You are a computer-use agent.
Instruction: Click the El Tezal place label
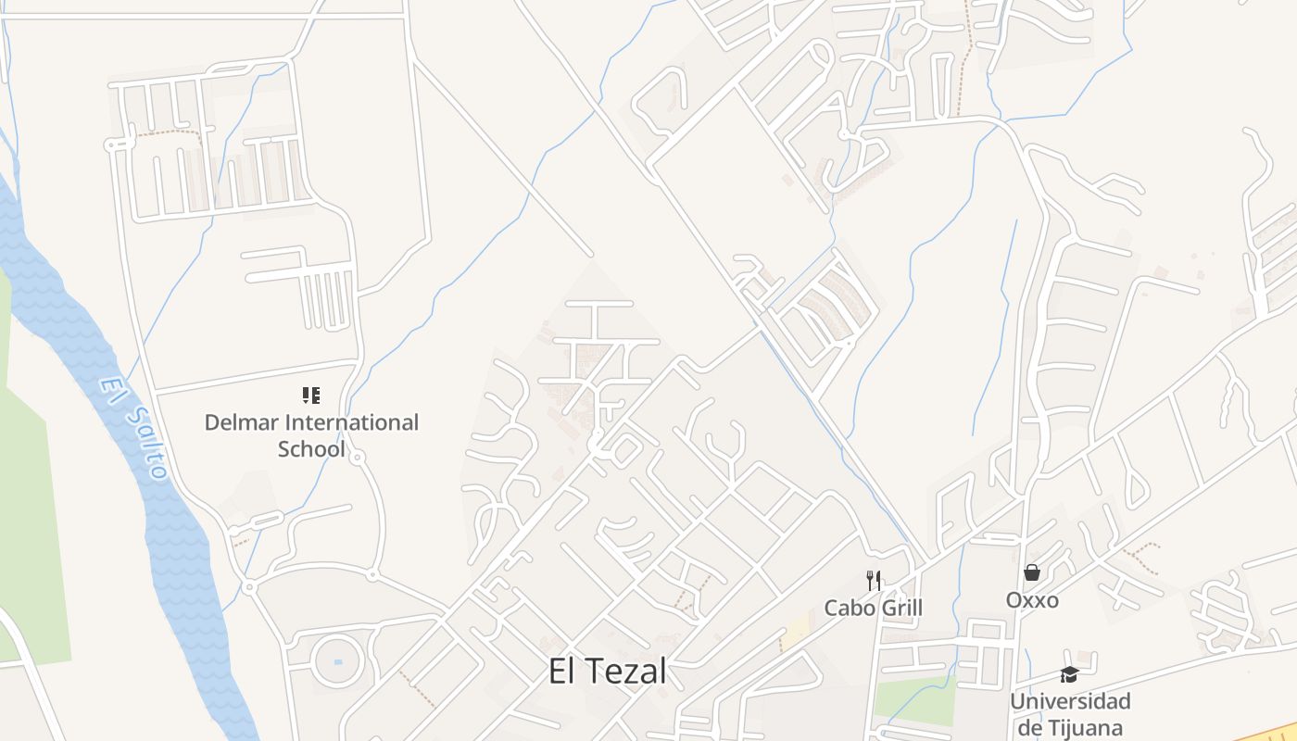[607, 672]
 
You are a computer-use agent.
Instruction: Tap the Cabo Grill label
[874, 608]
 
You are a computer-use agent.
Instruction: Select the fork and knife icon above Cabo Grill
[874, 581]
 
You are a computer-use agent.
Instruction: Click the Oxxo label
[1032, 600]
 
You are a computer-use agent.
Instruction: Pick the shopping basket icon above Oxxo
[1032, 573]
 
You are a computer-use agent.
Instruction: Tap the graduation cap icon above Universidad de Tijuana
[1070, 674]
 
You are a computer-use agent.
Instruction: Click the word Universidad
[1070, 700]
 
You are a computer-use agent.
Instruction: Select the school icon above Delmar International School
[311, 396]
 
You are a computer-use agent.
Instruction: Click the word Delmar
[241, 423]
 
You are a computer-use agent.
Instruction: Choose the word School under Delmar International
[311, 449]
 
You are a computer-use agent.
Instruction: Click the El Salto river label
[135, 427]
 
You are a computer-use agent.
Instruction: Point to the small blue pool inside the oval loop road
[337, 662]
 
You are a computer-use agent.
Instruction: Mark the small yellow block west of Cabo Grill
[795, 634]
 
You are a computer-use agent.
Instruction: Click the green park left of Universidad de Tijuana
[913, 699]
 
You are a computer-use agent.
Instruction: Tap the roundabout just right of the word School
[357, 457]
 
